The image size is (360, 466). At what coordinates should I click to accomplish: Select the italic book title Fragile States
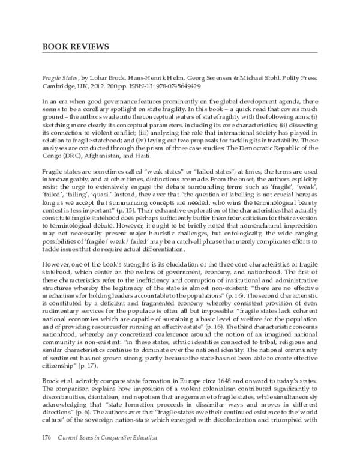61,78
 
